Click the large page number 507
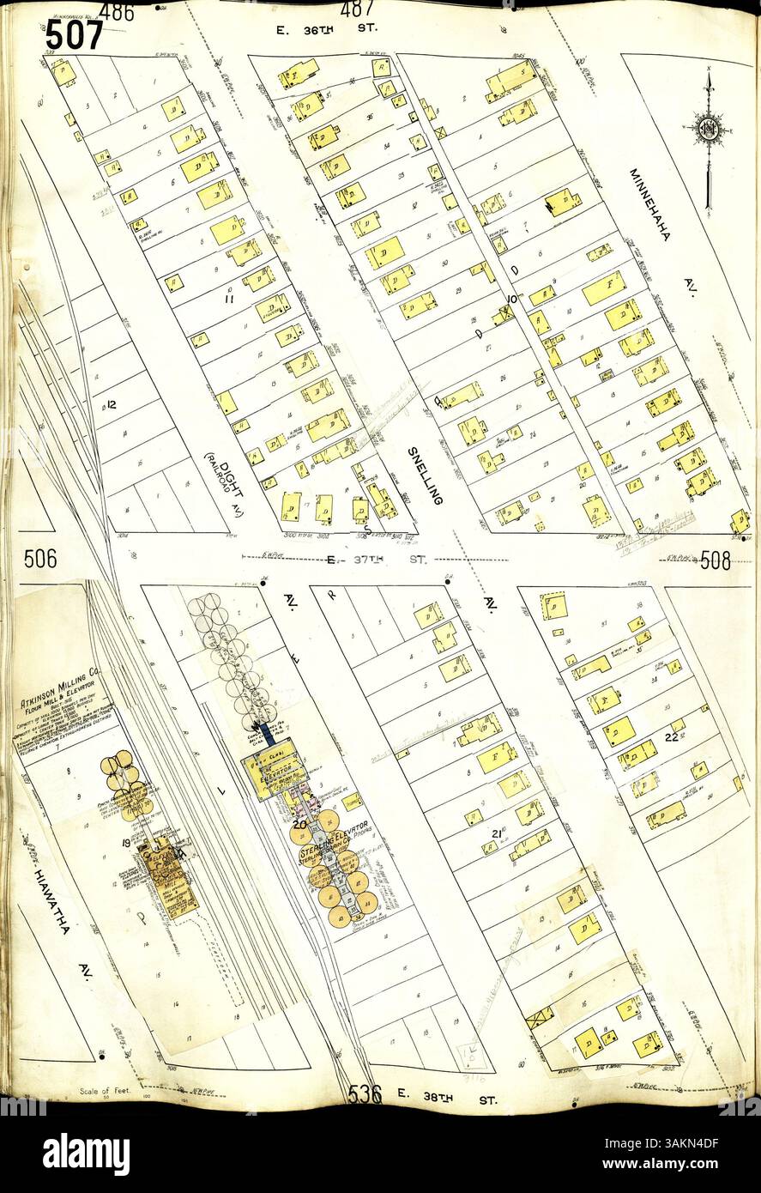coord(74,36)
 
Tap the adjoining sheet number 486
coord(116,11)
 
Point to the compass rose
coord(708,131)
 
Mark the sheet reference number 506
coord(39,560)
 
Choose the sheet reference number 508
coord(715,561)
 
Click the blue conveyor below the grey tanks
coord(269,735)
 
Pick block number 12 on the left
coord(111,404)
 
